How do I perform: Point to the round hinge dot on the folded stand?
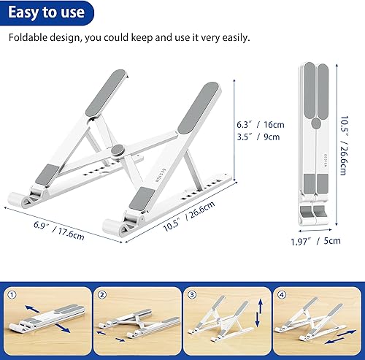[x=315, y=125]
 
